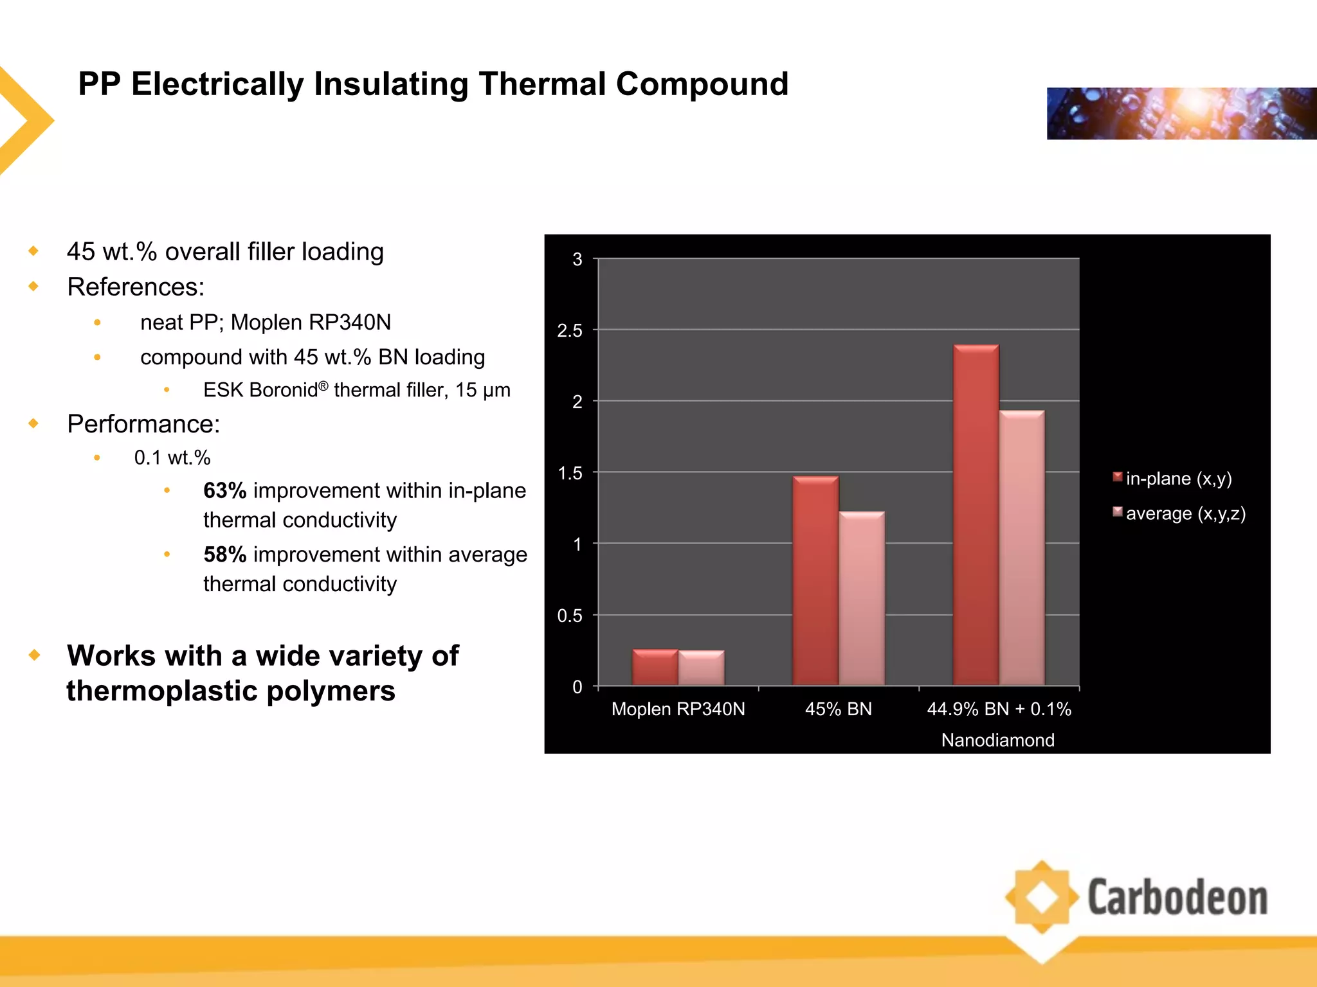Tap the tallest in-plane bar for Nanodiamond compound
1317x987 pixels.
tap(976, 514)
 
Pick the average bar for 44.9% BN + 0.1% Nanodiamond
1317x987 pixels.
tap(1022, 547)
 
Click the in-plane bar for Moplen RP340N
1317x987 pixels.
tap(655, 668)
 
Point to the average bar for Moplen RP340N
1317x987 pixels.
tap(701, 668)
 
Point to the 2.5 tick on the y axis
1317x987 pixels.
tap(569, 330)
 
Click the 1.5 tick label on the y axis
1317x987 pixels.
tap(569, 473)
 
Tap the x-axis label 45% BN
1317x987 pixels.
tap(838, 709)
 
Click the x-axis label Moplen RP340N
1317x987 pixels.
tap(678, 709)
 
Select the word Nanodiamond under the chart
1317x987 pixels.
tap(997, 740)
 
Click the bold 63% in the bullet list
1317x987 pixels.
tap(224, 491)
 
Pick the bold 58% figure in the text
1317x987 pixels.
tap(224, 555)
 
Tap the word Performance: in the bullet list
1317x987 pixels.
tap(143, 424)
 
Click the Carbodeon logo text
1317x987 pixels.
tap(1177, 898)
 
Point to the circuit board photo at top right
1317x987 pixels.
tap(1181, 114)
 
